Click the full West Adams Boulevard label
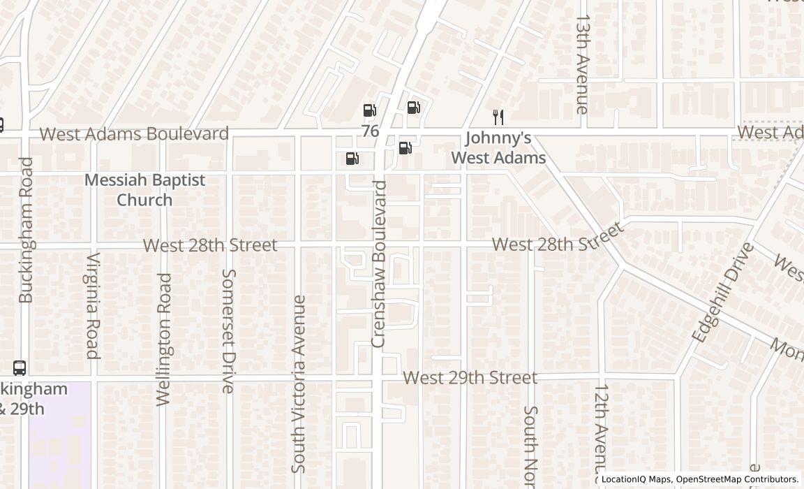pyautogui.click(x=133, y=133)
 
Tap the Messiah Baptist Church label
pyautogui.click(x=144, y=190)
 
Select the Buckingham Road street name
pyautogui.click(x=26, y=230)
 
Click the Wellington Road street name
pyautogui.click(x=164, y=339)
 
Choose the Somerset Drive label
pyautogui.click(x=228, y=331)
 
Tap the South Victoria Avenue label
pyautogui.click(x=299, y=384)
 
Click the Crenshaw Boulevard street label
pyautogui.click(x=379, y=264)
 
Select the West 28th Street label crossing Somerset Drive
pyautogui.click(x=210, y=245)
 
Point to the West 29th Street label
pyautogui.click(x=470, y=378)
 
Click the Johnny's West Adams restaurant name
pyautogui.click(x=498, y=148)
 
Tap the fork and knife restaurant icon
pyautogui.click(x=498, y=117)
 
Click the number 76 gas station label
pyautogui.click(x=370, y=131)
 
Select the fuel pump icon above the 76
pyautogui.click(x=370, y=110)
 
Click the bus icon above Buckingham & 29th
pyautogui.click(x=20, y=368)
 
